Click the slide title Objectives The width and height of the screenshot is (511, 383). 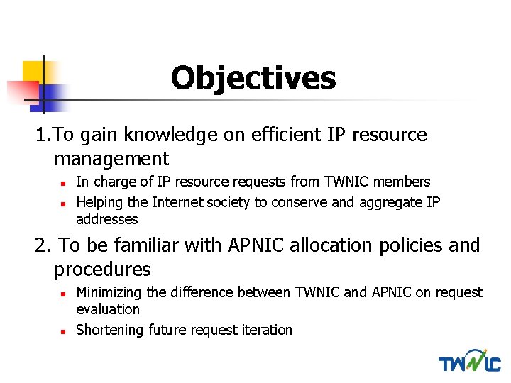point(253,78)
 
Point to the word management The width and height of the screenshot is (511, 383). point(111,159)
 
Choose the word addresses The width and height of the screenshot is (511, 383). point(107,219)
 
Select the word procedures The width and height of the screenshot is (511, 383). point(102,270)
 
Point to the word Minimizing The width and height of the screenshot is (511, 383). point(108,292)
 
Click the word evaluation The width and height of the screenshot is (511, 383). point(108,309)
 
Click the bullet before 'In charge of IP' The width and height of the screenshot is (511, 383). point(62,183)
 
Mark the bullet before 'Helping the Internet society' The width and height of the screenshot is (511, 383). point(62,203)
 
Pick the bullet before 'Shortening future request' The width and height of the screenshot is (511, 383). point(62,331)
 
